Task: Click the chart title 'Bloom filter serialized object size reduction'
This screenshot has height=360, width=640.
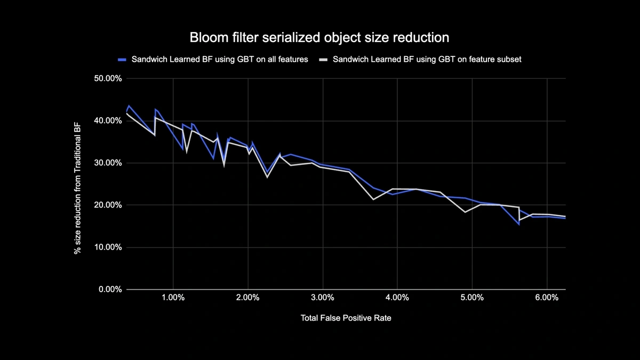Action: [319, 38]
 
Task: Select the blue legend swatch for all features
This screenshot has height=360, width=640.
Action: [122, 60]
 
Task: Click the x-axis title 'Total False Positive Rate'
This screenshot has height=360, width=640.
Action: [349, 318]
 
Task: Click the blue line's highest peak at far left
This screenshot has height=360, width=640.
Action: [129, 106]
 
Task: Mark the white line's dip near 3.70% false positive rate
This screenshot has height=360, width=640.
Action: [373, 199]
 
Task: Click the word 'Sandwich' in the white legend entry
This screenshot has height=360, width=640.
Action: [350, 60]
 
